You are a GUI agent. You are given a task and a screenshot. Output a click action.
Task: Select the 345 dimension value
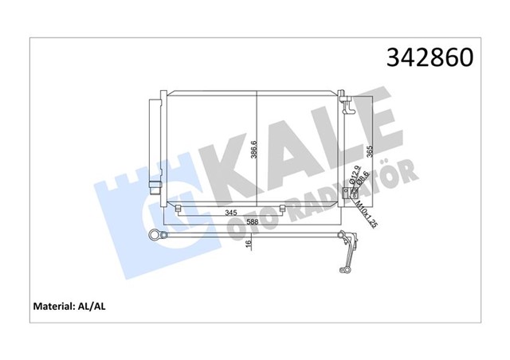(231, 213)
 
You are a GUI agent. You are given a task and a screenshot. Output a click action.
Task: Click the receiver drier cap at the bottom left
(154, 188)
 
